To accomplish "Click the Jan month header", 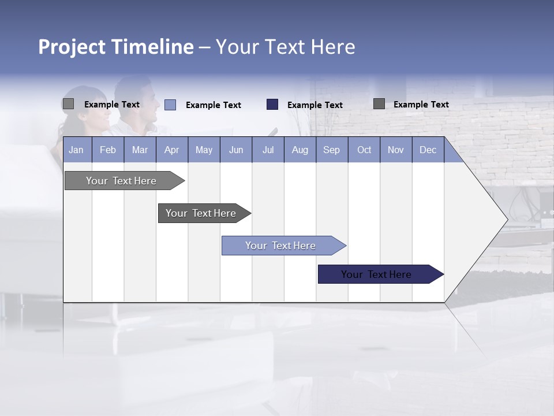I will [x=77, y=150].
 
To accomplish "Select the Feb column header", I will [x=108, y=150].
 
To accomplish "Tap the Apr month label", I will [x=172, y=150].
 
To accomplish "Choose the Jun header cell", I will [x=236, y=150].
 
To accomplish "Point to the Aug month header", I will [x=300, y=150].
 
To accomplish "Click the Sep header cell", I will [x=332, y=150].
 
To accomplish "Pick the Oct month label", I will [x=364, y=150].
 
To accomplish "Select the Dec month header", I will [x=428, y=150].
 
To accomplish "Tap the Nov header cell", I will [x=396, y=150].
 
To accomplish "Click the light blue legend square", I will [x=170, y=105].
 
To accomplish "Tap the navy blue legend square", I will [x=272, y=105].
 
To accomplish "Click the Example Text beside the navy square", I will [x=315, y=105].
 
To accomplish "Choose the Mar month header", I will [x=140, y=150].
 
